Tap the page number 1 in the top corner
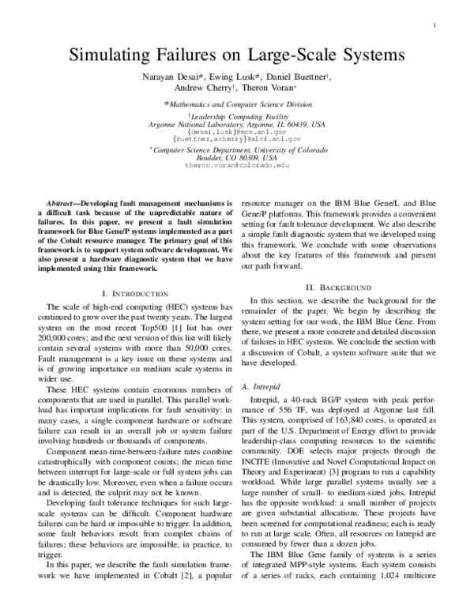[435, 25]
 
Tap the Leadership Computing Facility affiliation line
[237, 116]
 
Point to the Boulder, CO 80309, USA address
[237, 158]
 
